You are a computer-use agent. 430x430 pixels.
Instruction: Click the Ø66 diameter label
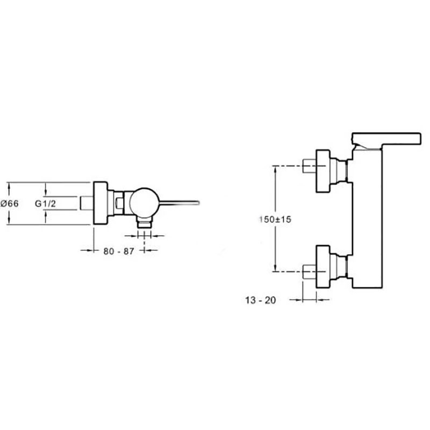(x=10, y=204)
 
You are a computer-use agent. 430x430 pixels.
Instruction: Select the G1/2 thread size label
(x=45, y=204)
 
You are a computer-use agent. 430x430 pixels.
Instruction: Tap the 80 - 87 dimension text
(x=119, y=251)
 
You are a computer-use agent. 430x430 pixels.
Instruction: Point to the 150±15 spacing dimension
(x=275, y=219)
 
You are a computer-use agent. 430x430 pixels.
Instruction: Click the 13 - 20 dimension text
(x=261, y=300)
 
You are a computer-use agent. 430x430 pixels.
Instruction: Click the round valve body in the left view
(x=144, y=203)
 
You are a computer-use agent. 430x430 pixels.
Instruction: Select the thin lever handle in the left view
(x=180, y=203)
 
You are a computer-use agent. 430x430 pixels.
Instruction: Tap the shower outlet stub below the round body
(x=145, y=222)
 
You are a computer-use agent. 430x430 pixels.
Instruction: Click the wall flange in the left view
(x=101, y=203)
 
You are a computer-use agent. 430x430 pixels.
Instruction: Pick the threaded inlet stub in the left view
(x=87, y=203)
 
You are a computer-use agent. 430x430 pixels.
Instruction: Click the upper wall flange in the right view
(x=323, y=171)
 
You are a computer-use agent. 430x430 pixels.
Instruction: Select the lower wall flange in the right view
(x=323, y=267)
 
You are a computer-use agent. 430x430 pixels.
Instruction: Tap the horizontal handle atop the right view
(x=386, y=139)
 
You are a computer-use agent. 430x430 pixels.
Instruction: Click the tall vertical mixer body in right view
(x=367, y=219)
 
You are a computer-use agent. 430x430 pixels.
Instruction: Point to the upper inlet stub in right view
(x=310, y=166)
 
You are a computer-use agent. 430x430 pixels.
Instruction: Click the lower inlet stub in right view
(x=310, y=271)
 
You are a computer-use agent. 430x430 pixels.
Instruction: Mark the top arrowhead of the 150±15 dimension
(x=275, y=168)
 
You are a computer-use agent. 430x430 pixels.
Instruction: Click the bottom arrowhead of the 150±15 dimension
(x=275, y=269)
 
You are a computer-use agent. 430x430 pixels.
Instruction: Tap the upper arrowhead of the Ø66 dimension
(x=9, y=185)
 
